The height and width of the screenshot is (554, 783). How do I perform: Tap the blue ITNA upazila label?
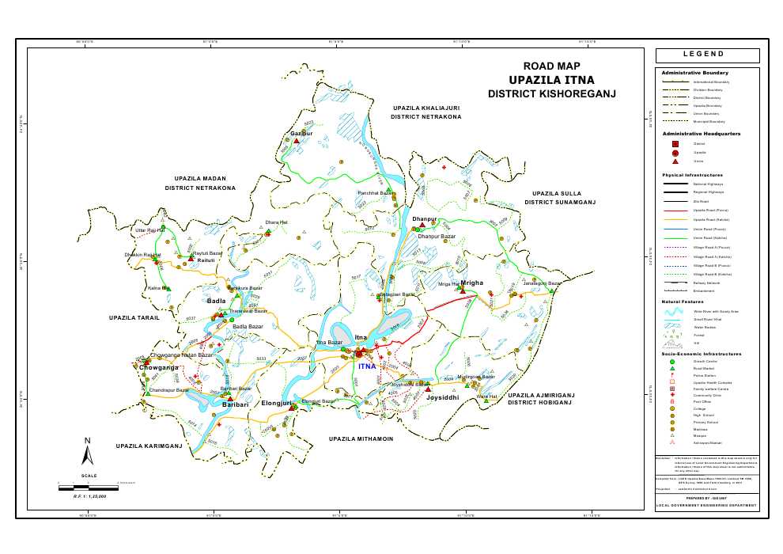tap(366, 367)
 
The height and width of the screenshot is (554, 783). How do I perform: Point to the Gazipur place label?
tap(302, 134)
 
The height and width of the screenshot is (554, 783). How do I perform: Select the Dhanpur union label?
tap(425, 218)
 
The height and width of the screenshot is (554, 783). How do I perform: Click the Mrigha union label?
tap(472, 283)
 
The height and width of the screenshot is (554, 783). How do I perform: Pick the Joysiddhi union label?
tap(442, 398)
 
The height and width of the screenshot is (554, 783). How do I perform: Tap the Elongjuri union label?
tap(278, 404)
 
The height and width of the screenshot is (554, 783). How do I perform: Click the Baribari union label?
tap(236, 404)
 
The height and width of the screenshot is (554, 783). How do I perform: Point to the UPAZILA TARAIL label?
tap(134, 317)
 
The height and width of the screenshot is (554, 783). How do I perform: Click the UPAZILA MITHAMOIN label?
tap(361, 438)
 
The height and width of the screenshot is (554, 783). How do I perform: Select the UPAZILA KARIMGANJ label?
tap(149, 446)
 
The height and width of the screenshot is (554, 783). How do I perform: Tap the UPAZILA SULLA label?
tap(557, 193)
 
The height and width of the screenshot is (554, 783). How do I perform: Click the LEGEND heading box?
tap(707, 55)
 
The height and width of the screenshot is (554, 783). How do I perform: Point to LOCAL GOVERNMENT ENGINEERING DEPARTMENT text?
tap(707, 504)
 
